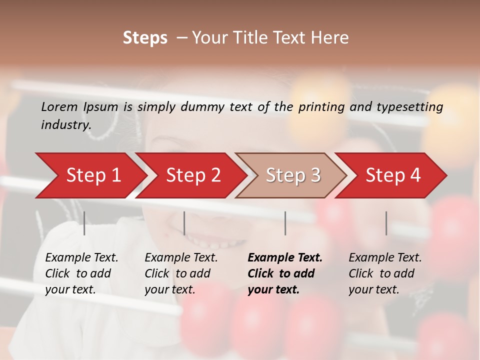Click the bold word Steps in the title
145,37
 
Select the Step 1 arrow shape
90,175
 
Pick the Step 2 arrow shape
192,175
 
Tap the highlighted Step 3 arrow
292,175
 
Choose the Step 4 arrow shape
393,175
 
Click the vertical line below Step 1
84,223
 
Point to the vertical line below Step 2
184,223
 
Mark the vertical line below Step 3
285,223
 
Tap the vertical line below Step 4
386,223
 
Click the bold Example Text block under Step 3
285,273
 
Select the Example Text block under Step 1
81,273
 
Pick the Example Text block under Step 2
181,273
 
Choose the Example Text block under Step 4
385,273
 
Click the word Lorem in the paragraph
59,106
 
